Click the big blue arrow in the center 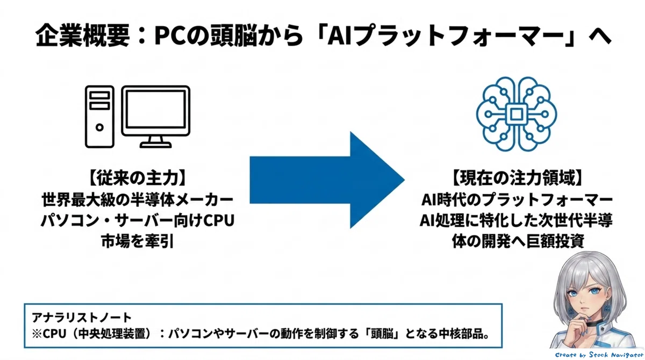tap(327, 180)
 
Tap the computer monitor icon tap(156, 117)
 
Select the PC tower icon tap(99, 117)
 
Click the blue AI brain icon tap(517, 114)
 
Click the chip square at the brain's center tap(517, 114)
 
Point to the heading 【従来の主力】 tap(138, 178)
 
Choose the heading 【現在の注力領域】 tap(517, 178)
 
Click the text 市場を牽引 tap(138, 241)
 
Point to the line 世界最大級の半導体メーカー tap(138, 200)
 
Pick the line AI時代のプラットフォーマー tap(517, 200)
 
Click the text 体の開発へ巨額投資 tap(518, 241)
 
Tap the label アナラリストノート tap(82, 318)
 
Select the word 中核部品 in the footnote tap(461, 334)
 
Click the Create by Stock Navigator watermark tap(599, 355)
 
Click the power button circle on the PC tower tap(99, 127)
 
